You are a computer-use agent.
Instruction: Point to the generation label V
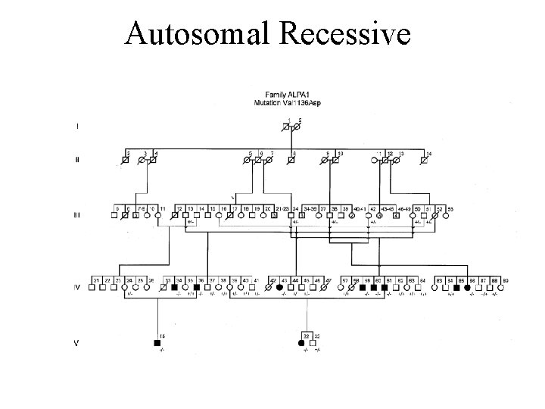click(x=75, y=342)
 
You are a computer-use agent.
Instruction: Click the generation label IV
click(x=76, y=288)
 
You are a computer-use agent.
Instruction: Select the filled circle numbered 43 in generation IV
click(x=282, y=288)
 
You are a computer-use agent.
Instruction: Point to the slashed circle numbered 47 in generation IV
click(x=327, y=288)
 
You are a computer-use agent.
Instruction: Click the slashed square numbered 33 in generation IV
click(x=164, y=288)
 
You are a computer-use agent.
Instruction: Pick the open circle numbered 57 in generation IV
click(x=344, y=288)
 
